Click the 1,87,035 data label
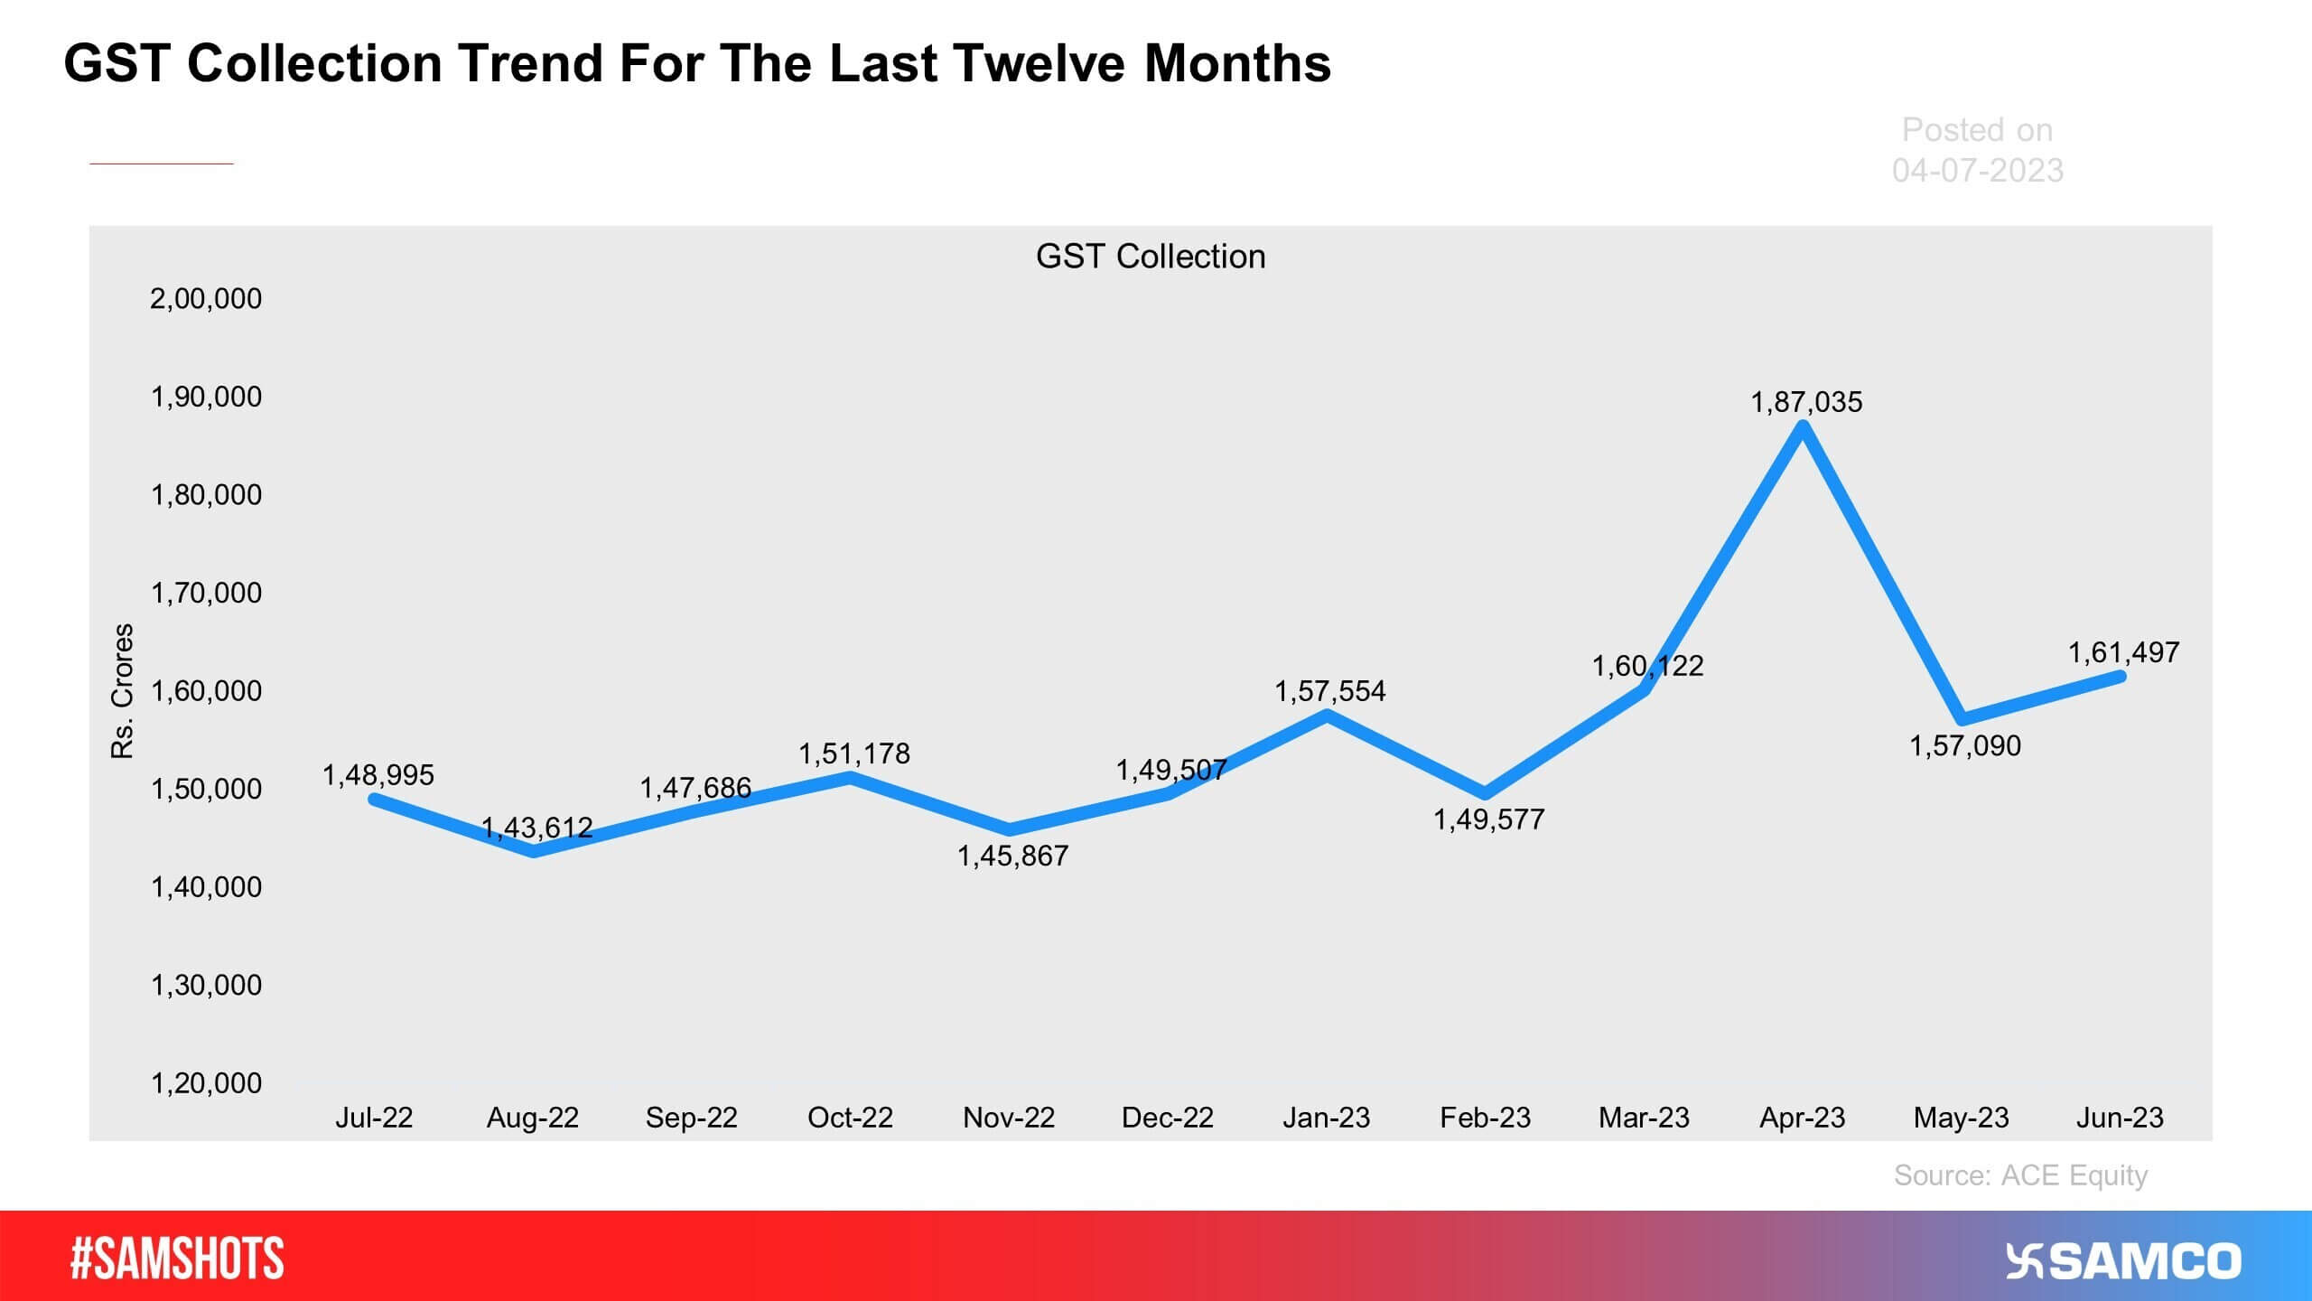(x=1806, y=401)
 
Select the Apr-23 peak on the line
(x=1803, y=427)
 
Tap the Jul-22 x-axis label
(x=374, y=1118)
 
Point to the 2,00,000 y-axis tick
(x=206, y=298)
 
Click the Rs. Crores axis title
(x=122, y=691)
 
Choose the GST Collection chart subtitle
(x=1151, y=257)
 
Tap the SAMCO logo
(x=2123, y=1261)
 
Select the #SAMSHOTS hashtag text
(x=177, y=1259)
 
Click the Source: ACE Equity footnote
(x=2020, y=1175)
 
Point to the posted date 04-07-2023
(x=1978, y=170)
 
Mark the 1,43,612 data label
(x=536, y=827)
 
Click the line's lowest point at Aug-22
(x=534, y=851)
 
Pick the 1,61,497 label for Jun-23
(x=2123, y=652)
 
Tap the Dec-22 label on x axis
(x=1167, y=1118)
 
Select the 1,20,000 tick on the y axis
(x=206, y=1082)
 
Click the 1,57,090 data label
(x=1965, y=745)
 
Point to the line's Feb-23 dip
(x=1485, y=794)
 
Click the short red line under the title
(x=162, y=164)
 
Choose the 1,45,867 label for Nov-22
(x=1012, y=856)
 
